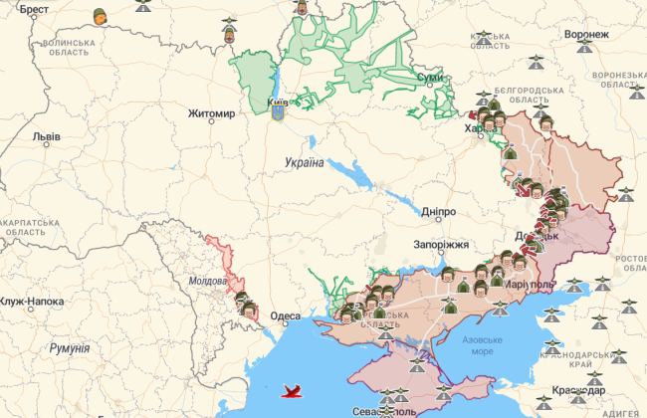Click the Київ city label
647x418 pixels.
point(278,102)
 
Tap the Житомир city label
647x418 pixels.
point(212,114)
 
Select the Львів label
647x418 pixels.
point(46,137)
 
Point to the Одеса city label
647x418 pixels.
point(286,316)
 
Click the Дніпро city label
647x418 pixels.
point(439,212)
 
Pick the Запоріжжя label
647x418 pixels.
point(441,245)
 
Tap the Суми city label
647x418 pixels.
point(430,77)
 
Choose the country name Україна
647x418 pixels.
point(304,162)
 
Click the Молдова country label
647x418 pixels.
point(207,282)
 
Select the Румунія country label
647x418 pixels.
point(69,349)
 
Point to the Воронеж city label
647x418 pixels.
point(585,34)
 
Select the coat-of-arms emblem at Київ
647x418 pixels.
point(278,114)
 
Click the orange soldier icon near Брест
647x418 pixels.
point(100,16)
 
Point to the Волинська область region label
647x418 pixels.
point(74,50)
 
